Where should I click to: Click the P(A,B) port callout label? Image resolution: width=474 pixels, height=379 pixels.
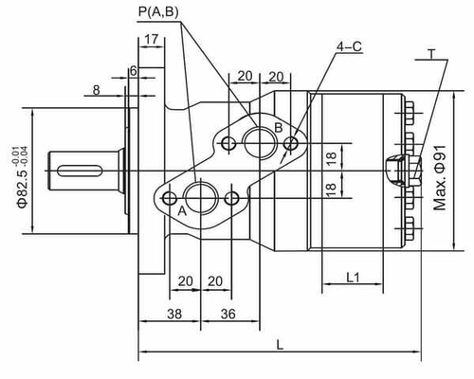tap(158, 12)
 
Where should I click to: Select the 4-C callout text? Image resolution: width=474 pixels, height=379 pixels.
tap(349, 47)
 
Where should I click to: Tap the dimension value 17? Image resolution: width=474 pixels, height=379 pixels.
tap(152, 40)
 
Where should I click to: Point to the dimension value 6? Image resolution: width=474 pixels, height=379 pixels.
tap(134, 71)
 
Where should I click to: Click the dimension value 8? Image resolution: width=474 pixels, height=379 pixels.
tap(97, 90)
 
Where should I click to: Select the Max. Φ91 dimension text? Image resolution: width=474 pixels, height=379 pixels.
tap(440, 178)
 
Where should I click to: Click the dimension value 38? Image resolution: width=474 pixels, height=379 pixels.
tap(174, 314)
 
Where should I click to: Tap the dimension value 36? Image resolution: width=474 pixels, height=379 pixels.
tap(228, 314)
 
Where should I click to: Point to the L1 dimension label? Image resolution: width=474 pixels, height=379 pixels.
tap(353, 278)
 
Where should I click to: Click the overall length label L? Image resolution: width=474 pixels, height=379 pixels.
tap(280, 345)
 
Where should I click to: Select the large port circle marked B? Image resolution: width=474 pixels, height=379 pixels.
tap(260, 142)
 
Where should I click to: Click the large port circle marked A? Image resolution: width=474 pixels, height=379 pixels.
tap(200, 198)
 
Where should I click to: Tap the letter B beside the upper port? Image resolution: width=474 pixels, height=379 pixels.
tap(279, 128)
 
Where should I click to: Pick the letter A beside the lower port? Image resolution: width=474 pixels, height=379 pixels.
tap(182, 210)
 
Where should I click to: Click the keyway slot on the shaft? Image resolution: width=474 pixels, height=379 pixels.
tap(80, 171)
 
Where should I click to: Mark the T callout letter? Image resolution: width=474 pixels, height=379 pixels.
tap(432, 54)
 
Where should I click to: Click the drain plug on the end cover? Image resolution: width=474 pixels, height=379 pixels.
tap(404, 171)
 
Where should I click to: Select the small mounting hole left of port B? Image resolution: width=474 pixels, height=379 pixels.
tap(228, 144)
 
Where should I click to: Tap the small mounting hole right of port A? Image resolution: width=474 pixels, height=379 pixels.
tap(231, 198)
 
